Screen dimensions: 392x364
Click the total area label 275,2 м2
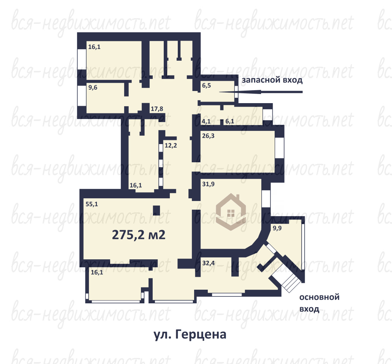139,235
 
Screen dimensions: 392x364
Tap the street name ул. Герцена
190,335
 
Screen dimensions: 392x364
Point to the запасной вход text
272,80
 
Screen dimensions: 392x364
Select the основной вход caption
319,303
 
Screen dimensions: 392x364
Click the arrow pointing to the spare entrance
261,92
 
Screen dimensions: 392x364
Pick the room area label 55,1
92,204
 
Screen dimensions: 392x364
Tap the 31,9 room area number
208,184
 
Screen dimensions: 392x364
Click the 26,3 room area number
208,136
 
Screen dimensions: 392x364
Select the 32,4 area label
208,263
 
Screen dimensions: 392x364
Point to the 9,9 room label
277,228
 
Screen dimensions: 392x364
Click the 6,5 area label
207,86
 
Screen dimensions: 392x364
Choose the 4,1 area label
206,121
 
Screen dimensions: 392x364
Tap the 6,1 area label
230,121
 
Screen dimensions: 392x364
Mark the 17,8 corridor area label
157,109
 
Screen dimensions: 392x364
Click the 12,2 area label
171,145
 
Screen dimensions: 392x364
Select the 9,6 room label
93,88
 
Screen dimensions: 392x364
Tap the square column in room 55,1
156,210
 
